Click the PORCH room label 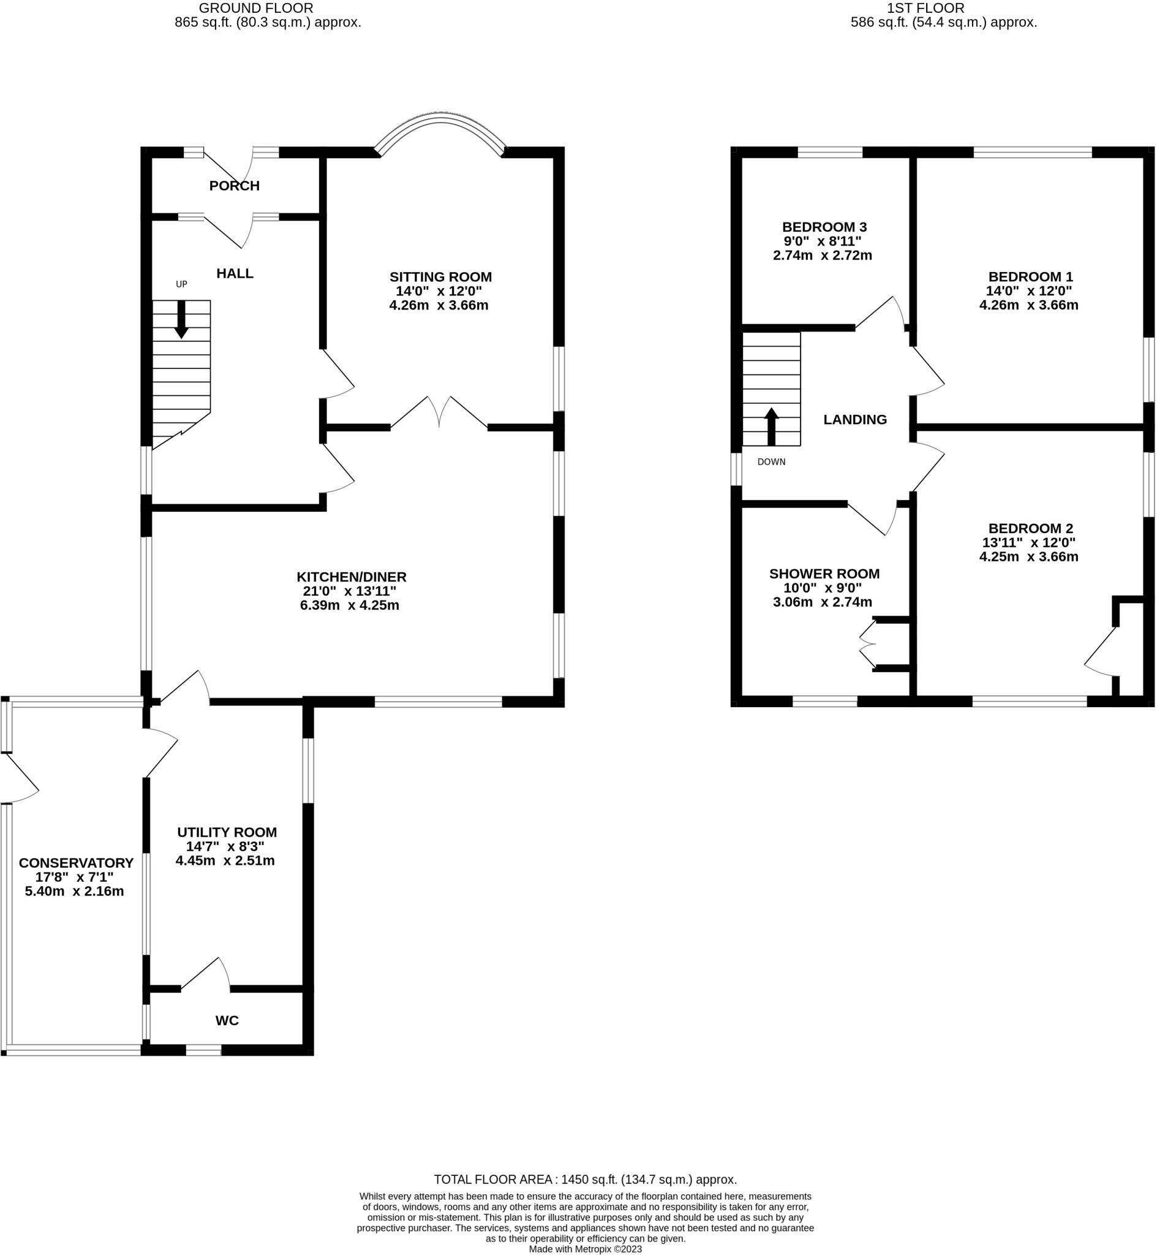[x=234, y=186]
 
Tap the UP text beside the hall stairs [x=181, y=284]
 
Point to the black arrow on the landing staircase [x=771, y=427]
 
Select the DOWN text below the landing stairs [x=771, y=462]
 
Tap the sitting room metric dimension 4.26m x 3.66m [x=439, y=306]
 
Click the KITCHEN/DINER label [x=351, y=577]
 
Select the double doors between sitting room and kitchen [x=440, y=413]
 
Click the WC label [x=227, y=1021]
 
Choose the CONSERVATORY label [x=76, y=863]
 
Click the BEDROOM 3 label [x=824, y=227]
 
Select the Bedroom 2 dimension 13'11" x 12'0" [x=1028, y=543]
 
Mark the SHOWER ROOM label [x=824, y=574]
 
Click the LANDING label [x=854, y=420]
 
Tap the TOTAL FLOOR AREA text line [x=585, y=1180]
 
